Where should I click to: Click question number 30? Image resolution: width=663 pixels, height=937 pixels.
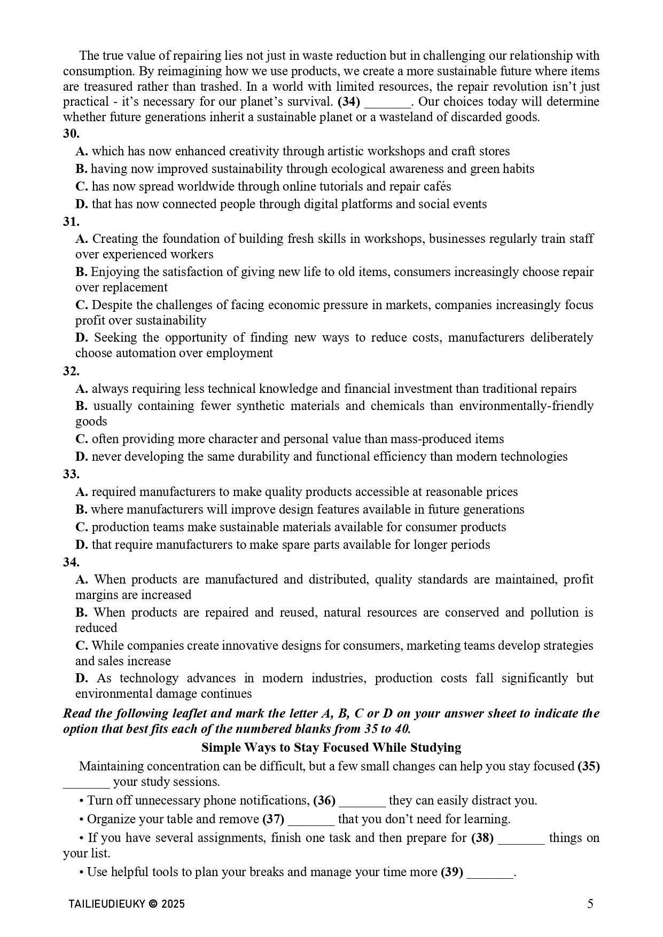click(71, 133)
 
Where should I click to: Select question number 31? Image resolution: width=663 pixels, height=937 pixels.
click(71, 221)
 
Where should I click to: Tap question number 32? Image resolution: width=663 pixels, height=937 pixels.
click(71, 371)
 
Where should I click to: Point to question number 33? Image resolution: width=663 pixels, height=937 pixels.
click(71, 474)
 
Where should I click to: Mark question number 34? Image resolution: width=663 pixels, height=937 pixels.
click(71, 562)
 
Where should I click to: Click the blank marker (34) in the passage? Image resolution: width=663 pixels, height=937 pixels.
click(349, 101)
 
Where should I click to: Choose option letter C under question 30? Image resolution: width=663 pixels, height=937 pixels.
click(81, 186)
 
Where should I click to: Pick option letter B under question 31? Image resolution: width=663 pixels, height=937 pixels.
click(81, 272)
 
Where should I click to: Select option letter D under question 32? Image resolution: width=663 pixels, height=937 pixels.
click(81, 456)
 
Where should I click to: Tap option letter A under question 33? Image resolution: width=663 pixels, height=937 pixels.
click(81, 492)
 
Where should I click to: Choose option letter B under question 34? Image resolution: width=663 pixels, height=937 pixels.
click(81, 612)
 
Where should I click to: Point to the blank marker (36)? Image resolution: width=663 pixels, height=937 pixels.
click(324, 800)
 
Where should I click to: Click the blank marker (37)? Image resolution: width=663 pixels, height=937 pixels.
click(273, 819)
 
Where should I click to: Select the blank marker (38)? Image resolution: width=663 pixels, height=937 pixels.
click(482, 838)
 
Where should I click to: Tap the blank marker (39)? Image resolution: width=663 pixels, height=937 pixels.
click(451, 872)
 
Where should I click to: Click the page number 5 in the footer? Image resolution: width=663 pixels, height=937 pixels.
click(590, 904)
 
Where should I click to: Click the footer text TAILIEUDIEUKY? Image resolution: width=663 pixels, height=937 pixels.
click(107, 904)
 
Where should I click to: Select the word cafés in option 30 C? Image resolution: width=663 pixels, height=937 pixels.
click(436, 186)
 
